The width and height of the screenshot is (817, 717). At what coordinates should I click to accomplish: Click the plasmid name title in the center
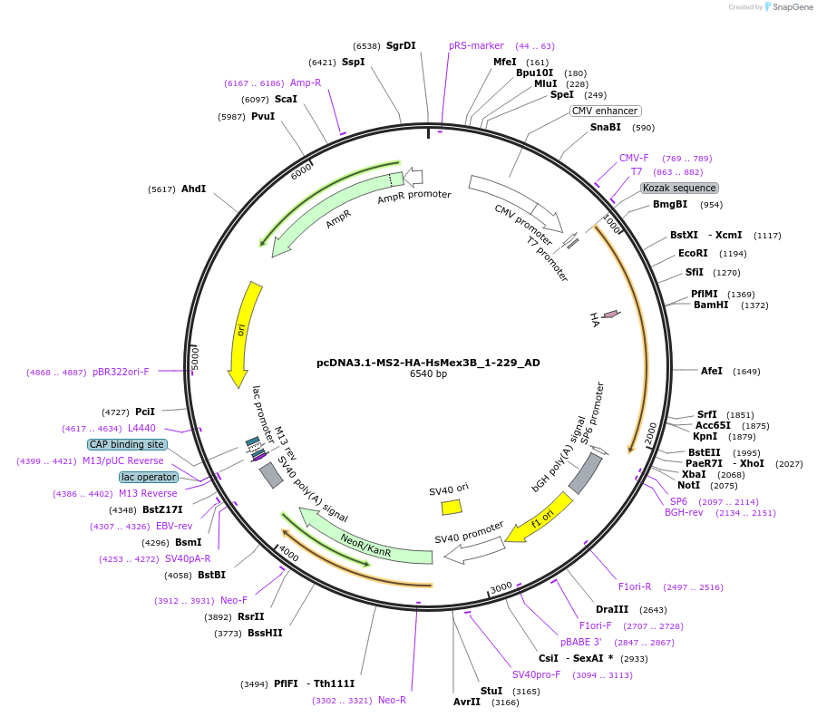428,363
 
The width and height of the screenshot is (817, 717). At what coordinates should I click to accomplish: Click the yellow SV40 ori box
451,508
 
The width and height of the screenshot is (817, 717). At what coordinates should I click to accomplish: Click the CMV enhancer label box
605,111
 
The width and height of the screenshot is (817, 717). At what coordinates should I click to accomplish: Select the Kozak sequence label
679,188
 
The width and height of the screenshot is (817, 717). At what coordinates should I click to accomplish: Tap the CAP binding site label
127,444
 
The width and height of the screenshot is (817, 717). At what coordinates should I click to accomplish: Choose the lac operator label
148,477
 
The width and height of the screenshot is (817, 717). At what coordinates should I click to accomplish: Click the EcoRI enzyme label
693,254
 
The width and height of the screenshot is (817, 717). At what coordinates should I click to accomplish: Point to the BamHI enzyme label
711,305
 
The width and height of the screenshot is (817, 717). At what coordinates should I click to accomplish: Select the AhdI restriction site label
193,189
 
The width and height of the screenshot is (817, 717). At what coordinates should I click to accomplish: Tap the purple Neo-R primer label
392,700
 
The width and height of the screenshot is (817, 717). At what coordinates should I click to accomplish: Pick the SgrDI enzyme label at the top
401,45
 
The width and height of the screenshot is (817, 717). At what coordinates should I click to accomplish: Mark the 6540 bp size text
428,373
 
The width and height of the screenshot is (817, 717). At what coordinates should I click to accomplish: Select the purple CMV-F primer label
634,158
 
